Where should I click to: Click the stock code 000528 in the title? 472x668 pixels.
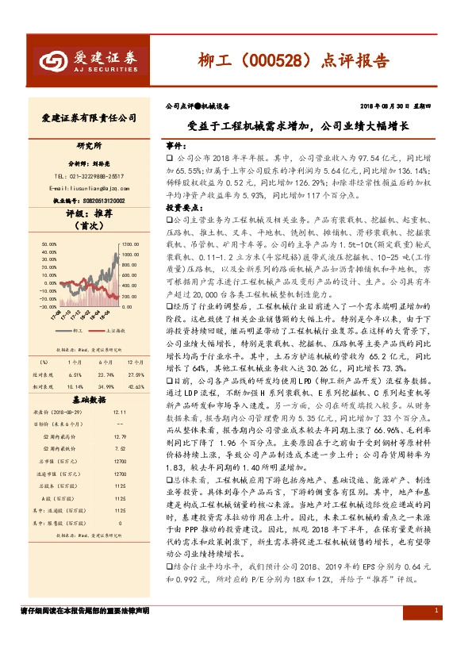point(278,60)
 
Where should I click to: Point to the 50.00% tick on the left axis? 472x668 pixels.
point(48,244)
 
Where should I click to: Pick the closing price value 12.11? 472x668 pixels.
point(120,413)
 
